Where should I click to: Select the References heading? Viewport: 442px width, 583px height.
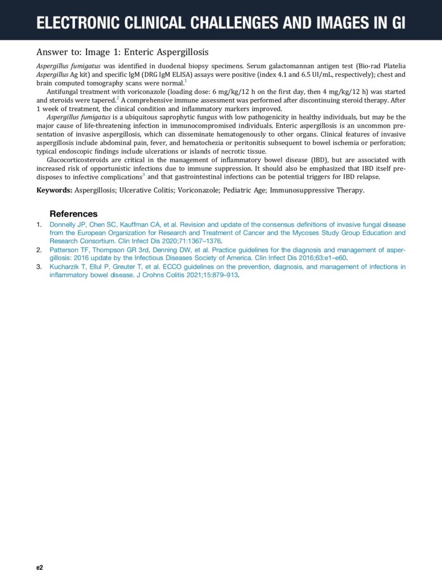click(x=73, y=214)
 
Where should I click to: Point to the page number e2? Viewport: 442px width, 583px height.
click(x=40, y=568)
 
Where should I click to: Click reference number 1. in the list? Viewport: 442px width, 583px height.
click(x=39, y=225)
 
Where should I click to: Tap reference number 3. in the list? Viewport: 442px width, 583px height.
click(x=39, y=266)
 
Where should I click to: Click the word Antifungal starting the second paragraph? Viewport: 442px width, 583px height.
click(x=65, y=92)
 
